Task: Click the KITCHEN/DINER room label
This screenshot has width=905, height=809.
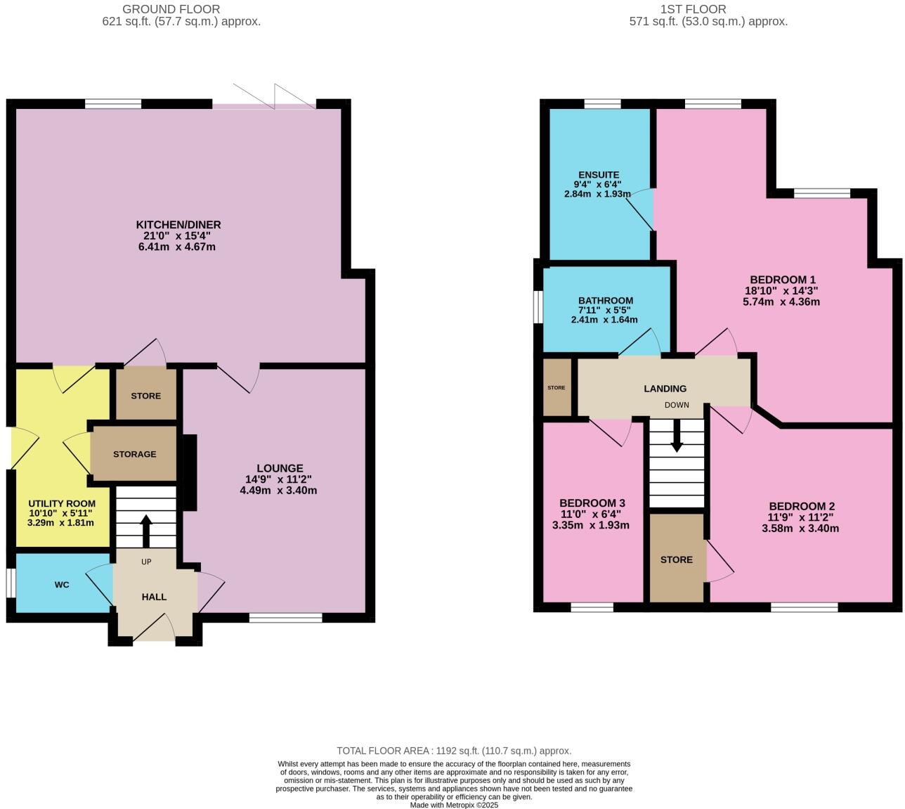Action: pos(178,225)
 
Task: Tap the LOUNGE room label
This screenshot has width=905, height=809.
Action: pos(280,468)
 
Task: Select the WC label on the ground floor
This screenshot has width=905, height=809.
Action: pos(62,585)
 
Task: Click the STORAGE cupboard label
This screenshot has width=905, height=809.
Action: pos(135,454)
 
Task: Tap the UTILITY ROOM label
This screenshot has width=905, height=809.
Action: pos(62,504)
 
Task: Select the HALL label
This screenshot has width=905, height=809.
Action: pos(154,597)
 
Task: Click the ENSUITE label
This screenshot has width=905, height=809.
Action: pos(599,175)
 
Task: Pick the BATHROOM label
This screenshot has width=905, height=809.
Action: pos(605,301)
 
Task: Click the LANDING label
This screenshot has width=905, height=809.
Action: pos(665,389)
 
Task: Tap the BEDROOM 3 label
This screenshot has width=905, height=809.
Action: pos(592,503)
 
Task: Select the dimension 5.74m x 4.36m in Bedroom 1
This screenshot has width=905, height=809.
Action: pos(781,302)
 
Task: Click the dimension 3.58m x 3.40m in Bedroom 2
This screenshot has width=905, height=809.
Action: pos(800,529)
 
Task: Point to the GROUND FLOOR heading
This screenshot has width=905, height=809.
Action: pos(171,9)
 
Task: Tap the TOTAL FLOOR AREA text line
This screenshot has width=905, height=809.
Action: pos(454,751)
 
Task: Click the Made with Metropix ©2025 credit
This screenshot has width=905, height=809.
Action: pos(454,805)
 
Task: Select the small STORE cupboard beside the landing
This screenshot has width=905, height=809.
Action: pos(556,388)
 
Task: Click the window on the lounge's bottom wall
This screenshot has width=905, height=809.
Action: pos(285,619)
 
